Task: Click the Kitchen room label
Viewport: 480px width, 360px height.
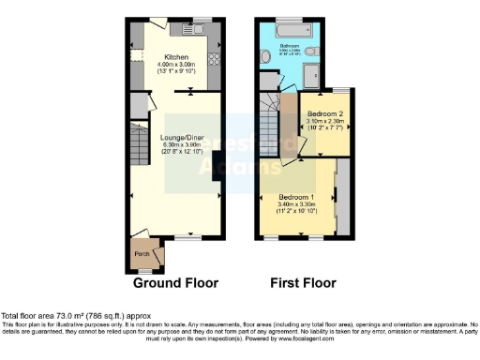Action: click(x=177, y=56)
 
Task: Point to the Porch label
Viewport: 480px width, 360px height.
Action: click(x=144, y=253)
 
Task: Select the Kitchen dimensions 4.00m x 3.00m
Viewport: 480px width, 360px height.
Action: click(x=177, y=64)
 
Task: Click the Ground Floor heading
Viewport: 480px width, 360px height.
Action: click(x=175, y=282)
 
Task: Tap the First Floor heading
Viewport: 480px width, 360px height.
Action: click(x=305, y=282)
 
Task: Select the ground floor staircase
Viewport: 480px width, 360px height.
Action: click(x=139, y=146)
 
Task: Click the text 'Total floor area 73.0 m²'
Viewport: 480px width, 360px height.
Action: click(x=56, y=316)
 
